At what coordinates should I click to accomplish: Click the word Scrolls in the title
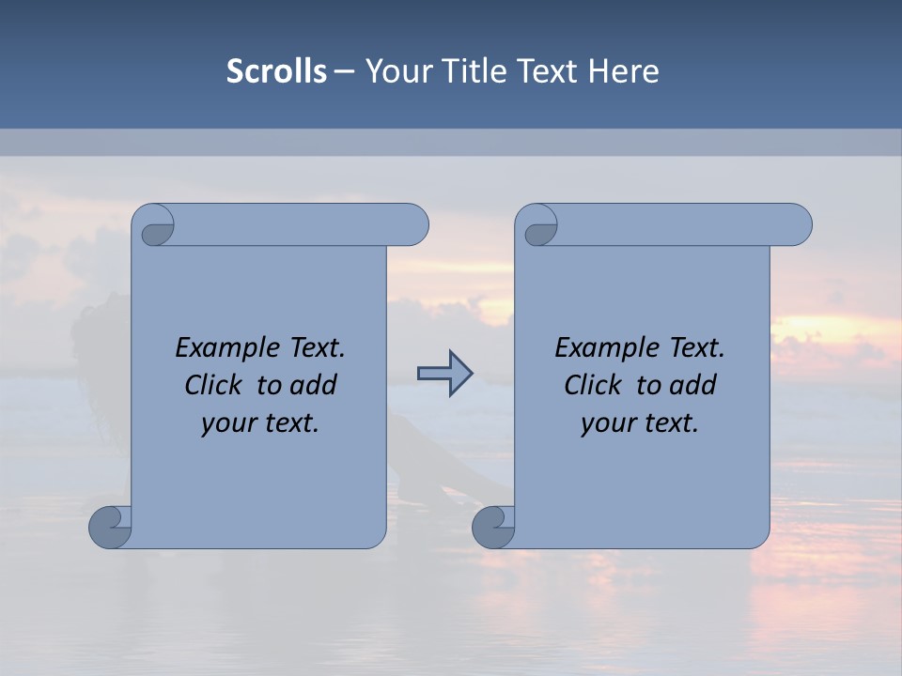276,71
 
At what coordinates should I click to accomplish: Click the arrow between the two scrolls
444,374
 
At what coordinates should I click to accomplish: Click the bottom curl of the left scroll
109,526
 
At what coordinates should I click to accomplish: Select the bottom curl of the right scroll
492,526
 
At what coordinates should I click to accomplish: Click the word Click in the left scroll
213,386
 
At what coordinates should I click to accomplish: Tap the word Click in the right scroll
593,386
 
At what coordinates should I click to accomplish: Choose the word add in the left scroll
315,386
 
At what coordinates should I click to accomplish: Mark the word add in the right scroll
694,386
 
